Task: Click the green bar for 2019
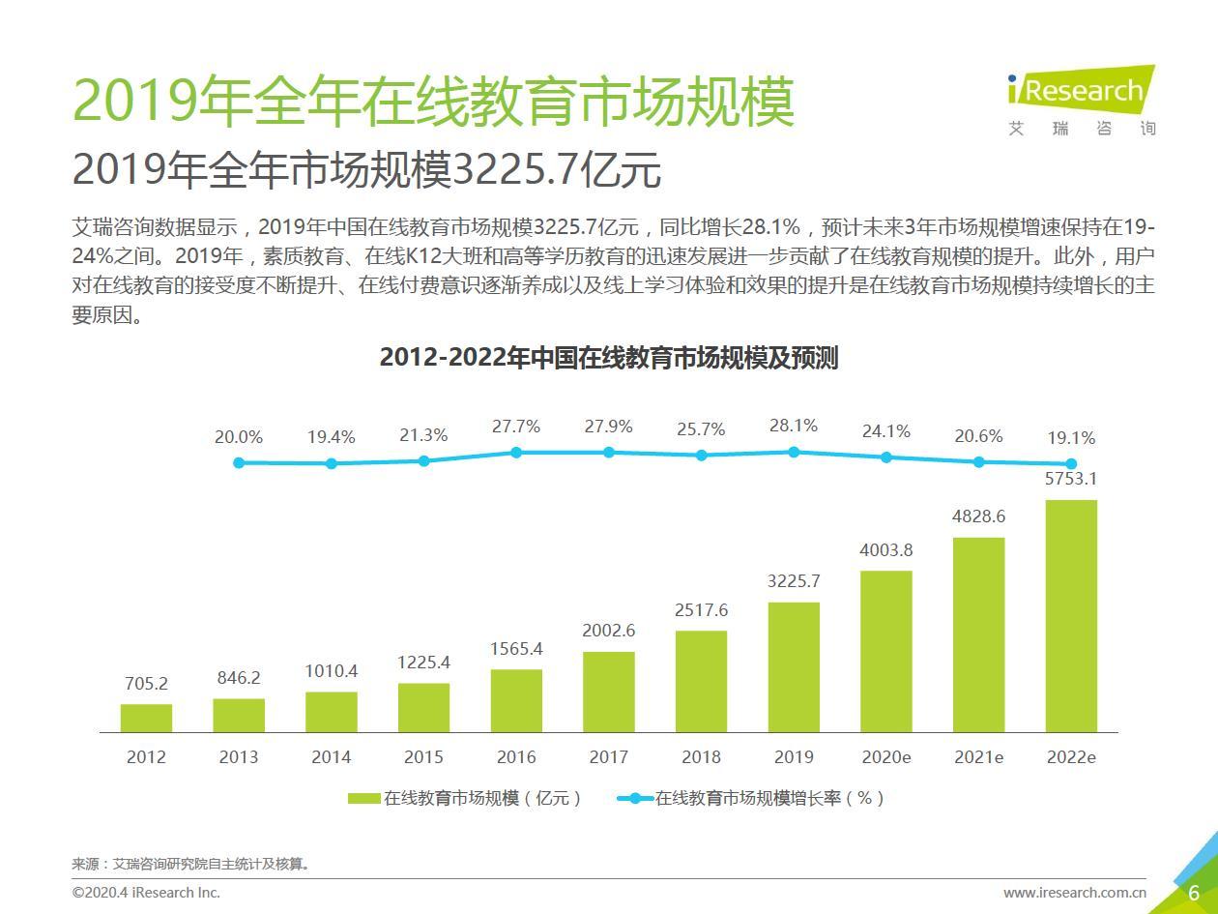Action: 794,666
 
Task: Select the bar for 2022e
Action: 1071,615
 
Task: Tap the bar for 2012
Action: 146,718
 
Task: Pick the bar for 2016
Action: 516,700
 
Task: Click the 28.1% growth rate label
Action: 794,426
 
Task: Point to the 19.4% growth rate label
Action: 332,437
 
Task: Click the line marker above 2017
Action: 609,453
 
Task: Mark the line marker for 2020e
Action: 886,457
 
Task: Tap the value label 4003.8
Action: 886,550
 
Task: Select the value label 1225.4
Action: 423,663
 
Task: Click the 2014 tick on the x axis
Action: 332,757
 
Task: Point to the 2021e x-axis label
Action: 978,757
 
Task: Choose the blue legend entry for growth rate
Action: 750,798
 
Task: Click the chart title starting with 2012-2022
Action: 609,358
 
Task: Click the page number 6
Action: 1194,893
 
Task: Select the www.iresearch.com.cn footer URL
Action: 1074,893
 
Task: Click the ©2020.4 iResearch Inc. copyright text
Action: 146,893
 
